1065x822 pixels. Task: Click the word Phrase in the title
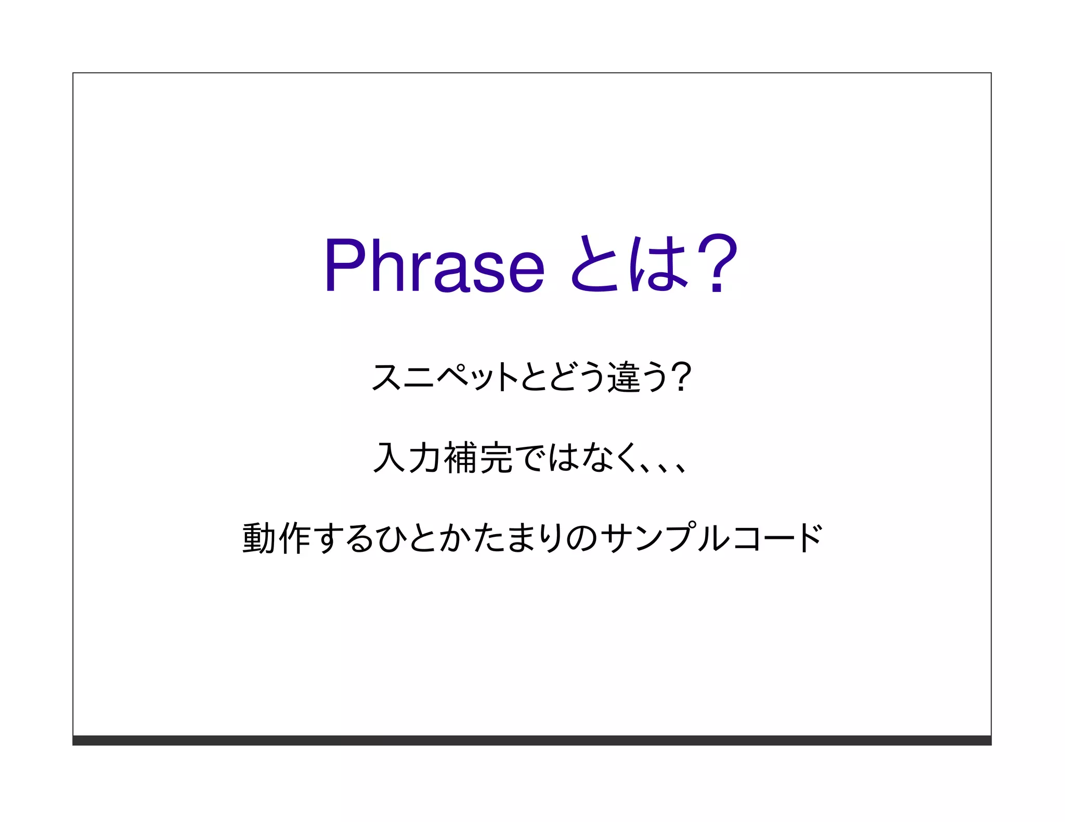click(x=434, y=265)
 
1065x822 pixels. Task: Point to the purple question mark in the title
click(x=717, y=263)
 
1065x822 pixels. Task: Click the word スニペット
click(x=445, y=377)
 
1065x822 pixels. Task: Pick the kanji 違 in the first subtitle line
click(x=624, y=377)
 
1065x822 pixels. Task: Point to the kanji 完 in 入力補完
click(x=496, y=457)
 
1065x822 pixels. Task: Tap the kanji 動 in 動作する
click(x=259, y=538)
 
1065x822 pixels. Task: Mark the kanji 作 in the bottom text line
click(x=294, y=538)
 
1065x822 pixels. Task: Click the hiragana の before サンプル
click(x=581, y=538)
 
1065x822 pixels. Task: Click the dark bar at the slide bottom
click(x=531, y=740)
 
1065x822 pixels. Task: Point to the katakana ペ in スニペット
click(x=453, y=377)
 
